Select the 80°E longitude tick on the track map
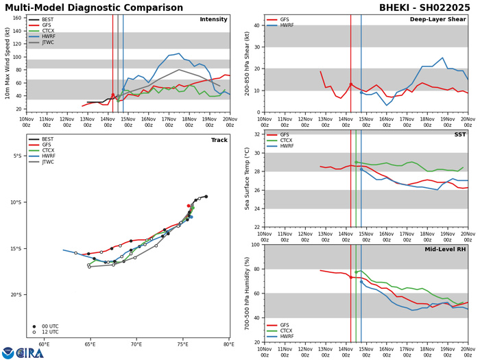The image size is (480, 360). (228, 344)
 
